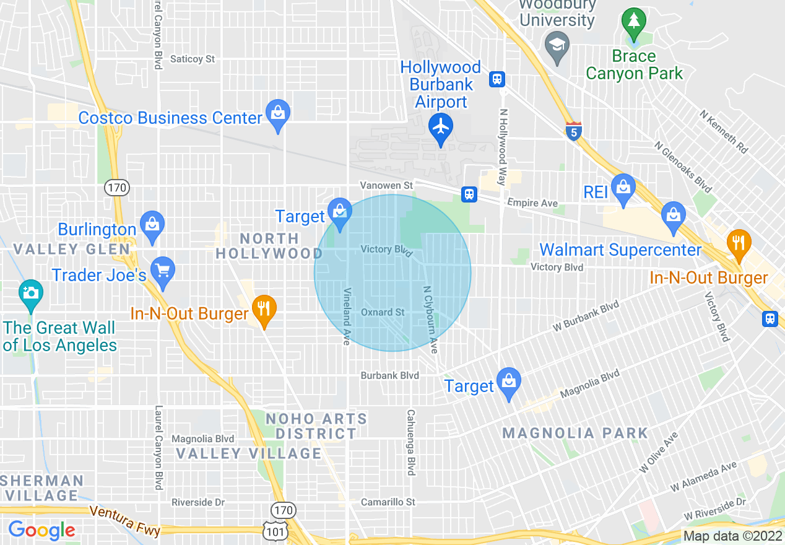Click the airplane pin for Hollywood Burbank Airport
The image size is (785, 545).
(x=441, y=127)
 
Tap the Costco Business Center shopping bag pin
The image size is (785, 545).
(x=277, y=113)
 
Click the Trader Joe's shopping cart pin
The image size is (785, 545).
(x=163, y=271)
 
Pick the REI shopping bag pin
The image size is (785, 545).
(x=623, y=188)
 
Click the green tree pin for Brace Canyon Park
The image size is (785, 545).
(x=633, y=22)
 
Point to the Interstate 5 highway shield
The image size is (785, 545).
(x=573, y=131)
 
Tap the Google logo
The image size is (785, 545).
(x=41, y=530)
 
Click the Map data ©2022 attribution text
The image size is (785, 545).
(x=732, y=536)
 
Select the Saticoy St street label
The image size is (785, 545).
(x=193, y=59)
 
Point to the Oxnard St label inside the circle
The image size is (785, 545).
(x=383, y=312)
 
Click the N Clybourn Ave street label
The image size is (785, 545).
(x=430, y=319)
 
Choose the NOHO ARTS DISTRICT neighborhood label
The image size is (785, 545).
(x=316, y=426)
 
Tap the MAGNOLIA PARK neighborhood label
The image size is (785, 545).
(x=575, y=432)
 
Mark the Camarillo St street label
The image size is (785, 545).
(x=388, y=502)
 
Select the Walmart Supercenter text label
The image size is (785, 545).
(x=620, y=250)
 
